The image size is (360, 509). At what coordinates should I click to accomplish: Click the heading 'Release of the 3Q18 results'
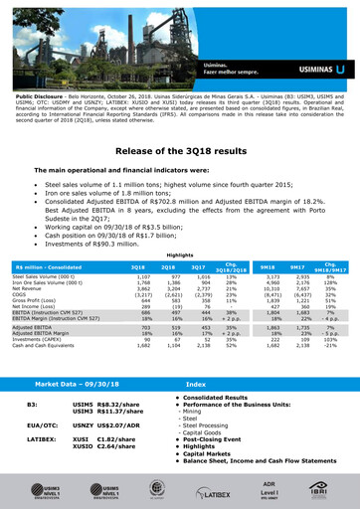179,149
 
